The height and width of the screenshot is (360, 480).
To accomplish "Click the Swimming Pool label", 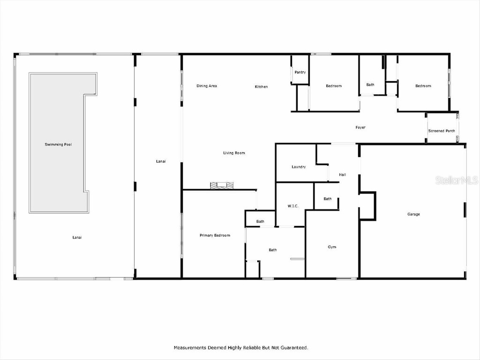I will point(58,144).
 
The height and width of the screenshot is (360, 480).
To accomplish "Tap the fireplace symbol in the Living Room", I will point(221,186).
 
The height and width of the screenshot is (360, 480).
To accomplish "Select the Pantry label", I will point(300,72).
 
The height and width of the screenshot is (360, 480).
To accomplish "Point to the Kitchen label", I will point(261,87).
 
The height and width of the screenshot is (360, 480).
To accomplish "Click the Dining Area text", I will point(206,86).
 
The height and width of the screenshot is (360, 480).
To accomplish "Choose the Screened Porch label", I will point(442,131).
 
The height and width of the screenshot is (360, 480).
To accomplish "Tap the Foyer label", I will point(360,127).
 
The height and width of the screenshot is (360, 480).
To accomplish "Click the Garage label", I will point(413,214).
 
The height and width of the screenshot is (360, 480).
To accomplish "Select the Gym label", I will point(332,247).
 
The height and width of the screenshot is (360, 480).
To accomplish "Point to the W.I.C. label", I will point(293,206).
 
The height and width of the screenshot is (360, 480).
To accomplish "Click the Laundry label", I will point(299,167).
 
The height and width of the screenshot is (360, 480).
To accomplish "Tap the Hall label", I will point(342,175).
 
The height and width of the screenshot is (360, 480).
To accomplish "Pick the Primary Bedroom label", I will point(215,235).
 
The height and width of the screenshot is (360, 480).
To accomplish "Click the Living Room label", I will point(233,153).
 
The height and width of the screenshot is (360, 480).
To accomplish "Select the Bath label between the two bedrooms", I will point(370,85).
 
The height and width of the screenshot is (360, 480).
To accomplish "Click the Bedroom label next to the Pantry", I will point(334,86).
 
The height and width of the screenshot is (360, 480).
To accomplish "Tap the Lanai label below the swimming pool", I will point(77,237).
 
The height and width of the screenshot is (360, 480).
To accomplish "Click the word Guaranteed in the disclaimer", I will point(292,348).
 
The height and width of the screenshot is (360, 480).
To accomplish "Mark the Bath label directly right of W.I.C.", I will point(327,199).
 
